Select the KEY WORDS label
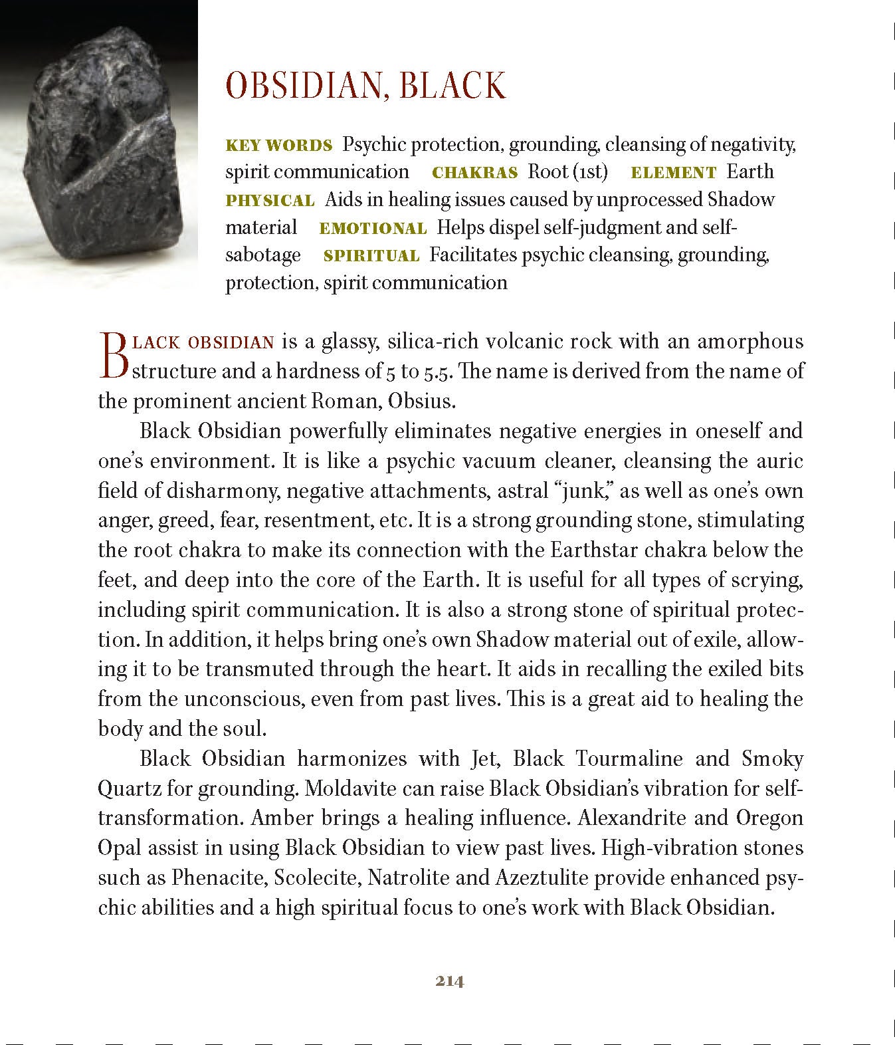tap(279, 145)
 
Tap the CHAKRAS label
tap(474, 173)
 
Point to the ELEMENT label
tap(673, 173)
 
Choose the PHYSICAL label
tap(270, 201)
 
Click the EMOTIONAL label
tap(373, 229)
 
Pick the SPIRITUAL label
tap(371, 256)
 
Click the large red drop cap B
tap(112, 356)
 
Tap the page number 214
tap(450, 981)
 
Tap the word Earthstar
tap(595, 550)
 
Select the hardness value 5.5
tap(438, 372)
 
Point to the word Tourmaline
tap(629, 758)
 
